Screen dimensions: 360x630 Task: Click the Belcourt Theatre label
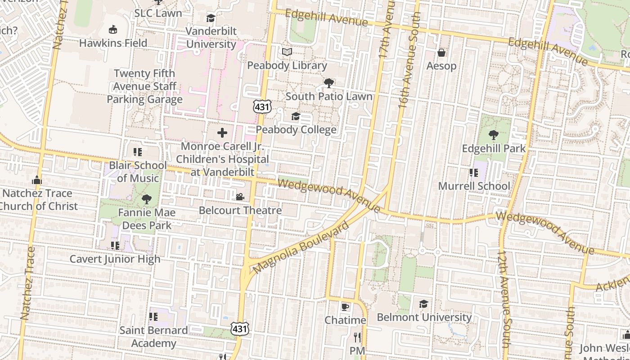(x=240, y=210)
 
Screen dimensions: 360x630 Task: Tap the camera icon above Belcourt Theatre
(x=240, y=197)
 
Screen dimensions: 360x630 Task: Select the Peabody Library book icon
(x=287, y=52)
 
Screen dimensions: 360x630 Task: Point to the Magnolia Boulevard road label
(x=301, y=247)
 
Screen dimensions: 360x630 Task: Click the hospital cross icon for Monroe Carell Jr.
(x=222, y=133)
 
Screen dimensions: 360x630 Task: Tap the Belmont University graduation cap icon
(x=423, y=304)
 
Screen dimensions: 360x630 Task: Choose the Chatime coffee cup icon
(x=345, y=307)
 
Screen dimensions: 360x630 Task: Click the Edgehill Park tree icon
(x=494, y=135)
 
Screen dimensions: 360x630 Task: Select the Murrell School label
(x=474, y=186)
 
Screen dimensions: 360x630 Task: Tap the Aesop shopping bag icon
(x=441, y=53)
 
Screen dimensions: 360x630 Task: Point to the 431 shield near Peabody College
(x=262, y=107)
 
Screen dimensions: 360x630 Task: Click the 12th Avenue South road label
(x=505, y=299)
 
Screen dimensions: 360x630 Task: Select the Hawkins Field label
(x=113, y=43)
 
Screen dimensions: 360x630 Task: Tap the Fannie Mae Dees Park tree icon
(x=146, y=199)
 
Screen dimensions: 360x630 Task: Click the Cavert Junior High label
(x=115, y=259)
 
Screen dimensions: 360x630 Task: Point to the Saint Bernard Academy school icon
(x=153, y=317)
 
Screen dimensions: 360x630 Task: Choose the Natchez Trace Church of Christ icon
(x=37, y=180)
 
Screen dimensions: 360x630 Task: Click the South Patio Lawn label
(x=329, y=96)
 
